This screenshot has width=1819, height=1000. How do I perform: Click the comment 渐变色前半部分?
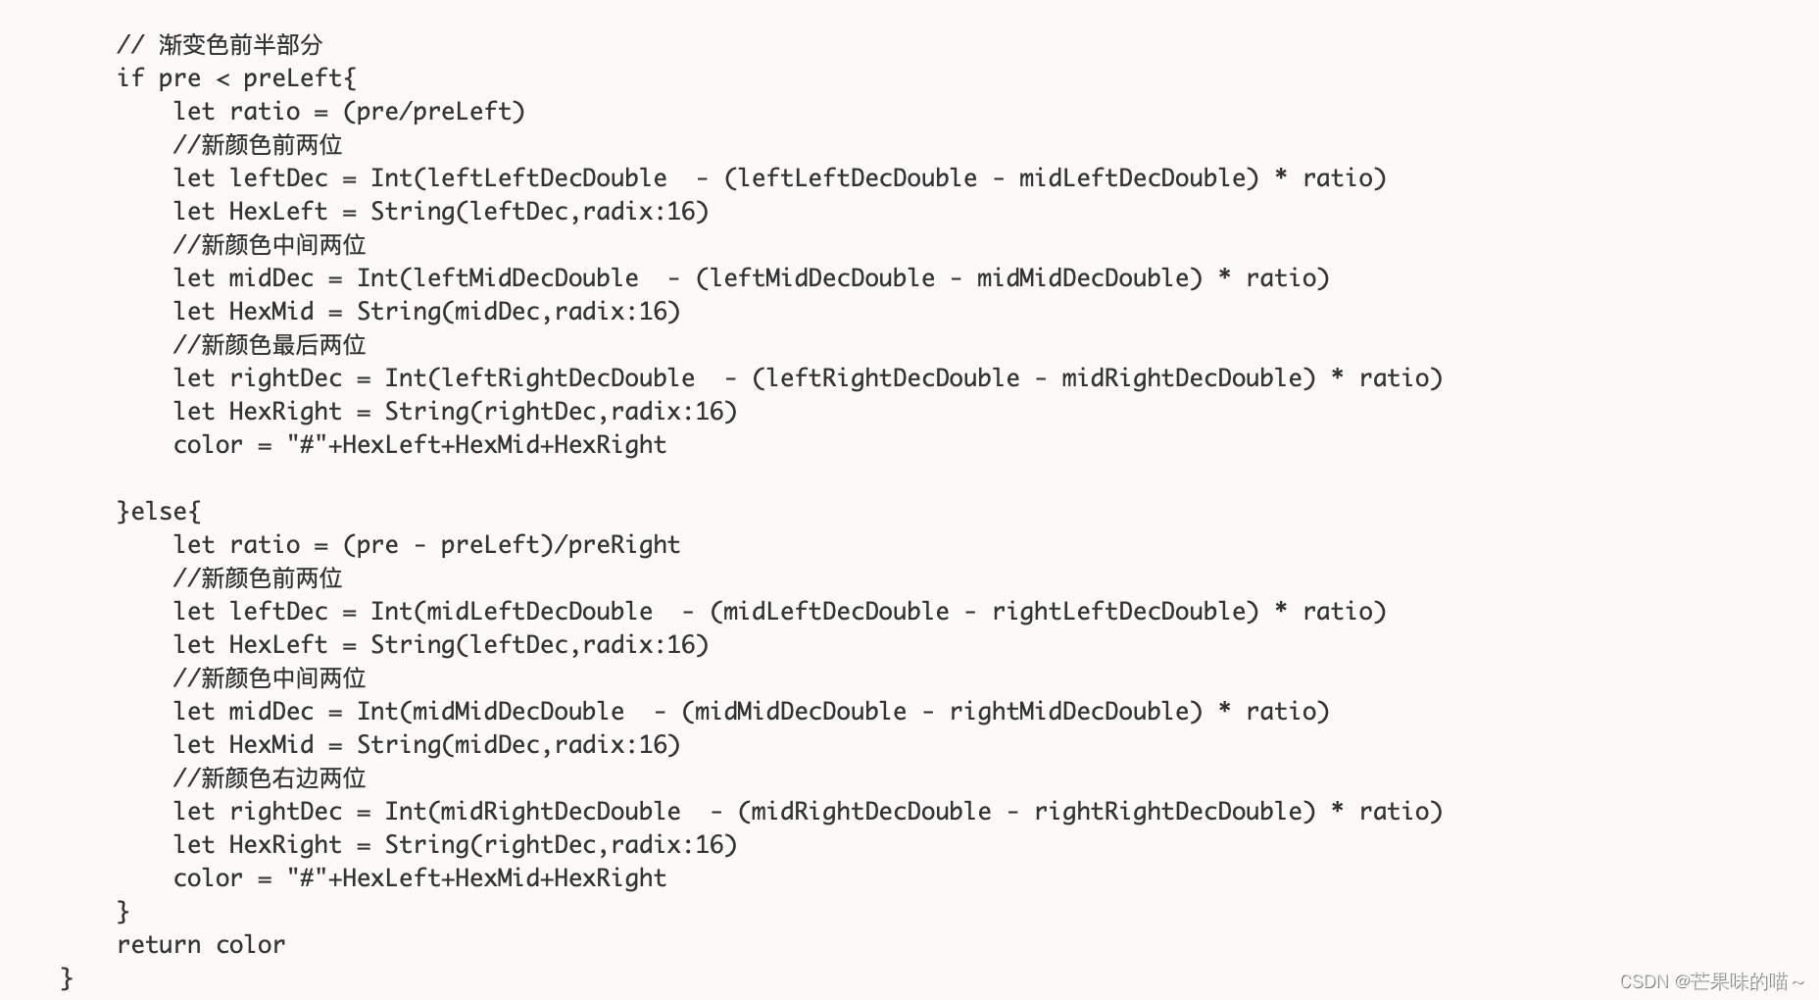pos(240,45)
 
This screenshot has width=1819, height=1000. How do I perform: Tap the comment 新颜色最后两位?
pos(283,345)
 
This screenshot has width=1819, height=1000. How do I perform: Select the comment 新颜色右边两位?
pos(283,778)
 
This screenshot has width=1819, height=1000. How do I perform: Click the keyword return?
pos(159,945)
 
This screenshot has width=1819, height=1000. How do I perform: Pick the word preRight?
pos(624,545)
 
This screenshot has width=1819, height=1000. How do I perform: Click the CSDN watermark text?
pos(1711,981)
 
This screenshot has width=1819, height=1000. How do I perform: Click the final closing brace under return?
pos(67,978)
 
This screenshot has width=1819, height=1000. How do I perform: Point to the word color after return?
pos(251,945)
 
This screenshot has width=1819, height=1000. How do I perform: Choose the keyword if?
pos(130,78)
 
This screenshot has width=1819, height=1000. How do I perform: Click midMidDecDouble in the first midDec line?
pos(1082,278)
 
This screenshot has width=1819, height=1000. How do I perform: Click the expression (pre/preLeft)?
pos(434,112)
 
